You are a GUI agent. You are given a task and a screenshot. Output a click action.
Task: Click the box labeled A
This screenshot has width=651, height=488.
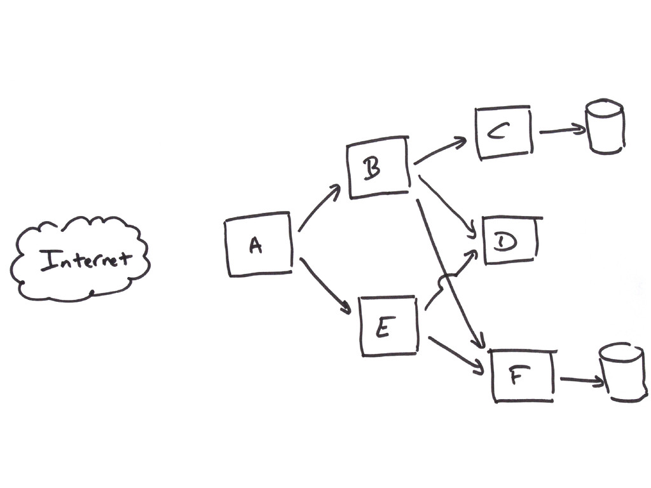tap(258, 245)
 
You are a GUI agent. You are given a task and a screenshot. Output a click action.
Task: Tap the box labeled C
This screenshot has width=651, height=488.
tap(503, 132)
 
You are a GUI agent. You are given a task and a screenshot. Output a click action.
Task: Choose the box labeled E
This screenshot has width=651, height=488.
tap(388, 326)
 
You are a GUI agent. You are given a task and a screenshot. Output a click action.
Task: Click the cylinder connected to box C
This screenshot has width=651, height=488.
tap(605, 126)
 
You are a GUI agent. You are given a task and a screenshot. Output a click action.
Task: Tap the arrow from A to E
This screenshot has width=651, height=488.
tap(324, 285)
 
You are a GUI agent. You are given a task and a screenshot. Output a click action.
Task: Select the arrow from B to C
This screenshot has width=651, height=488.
tap(440, 152)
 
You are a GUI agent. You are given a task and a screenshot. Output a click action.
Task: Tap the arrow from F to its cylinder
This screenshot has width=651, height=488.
tap(581, 381)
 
